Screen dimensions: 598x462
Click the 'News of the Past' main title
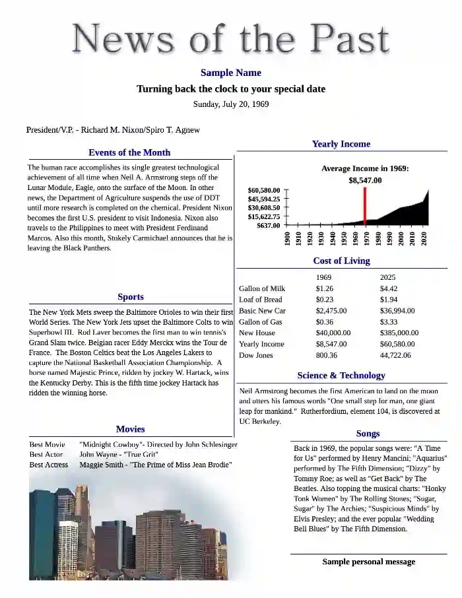point(230,38)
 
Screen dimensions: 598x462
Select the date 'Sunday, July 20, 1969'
point(230,104)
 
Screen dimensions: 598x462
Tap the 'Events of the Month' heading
point(129,152)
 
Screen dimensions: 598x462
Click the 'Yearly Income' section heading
point(341,144)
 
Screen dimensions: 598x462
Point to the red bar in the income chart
point(365,207)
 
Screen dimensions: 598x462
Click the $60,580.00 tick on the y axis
point(264,190)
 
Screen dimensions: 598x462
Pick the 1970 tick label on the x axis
point(367,238)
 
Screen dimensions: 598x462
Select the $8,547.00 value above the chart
point(365,180)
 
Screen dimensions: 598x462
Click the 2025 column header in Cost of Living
point(387,277)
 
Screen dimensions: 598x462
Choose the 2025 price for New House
point(399,333)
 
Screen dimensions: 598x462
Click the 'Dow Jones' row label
point(257,356)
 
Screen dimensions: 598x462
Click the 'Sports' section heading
point(131,297)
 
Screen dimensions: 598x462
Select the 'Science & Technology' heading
point(341,376)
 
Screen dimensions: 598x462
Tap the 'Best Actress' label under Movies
point(49,465)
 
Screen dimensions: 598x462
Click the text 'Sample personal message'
point(368,562)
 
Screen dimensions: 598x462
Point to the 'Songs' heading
point(368,434)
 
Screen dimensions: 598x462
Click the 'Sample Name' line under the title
point(230,73)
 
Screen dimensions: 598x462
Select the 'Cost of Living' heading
point(341,261)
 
